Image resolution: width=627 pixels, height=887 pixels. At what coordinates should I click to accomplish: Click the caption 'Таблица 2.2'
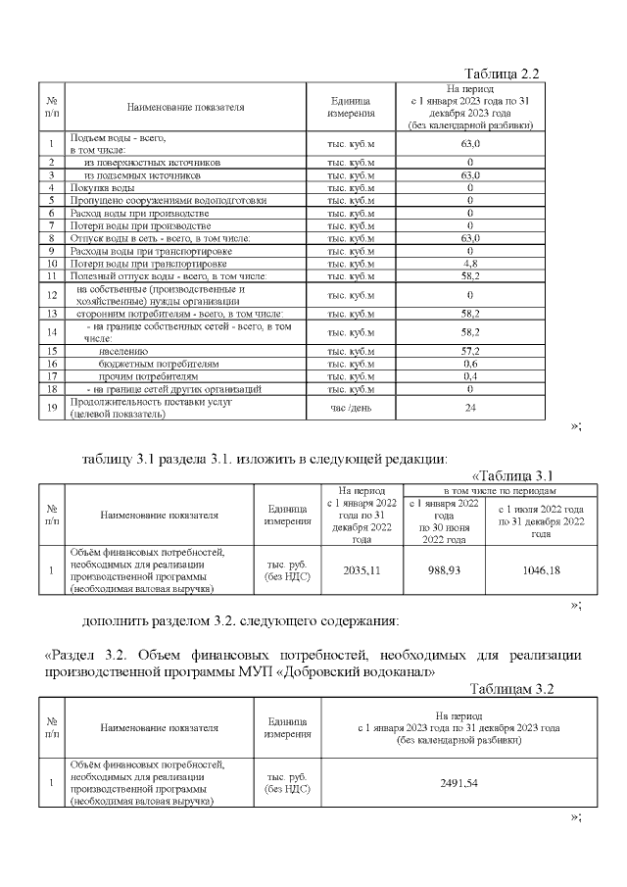click(502, 74)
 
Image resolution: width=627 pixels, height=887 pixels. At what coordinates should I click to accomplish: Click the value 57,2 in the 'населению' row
click(470, 350)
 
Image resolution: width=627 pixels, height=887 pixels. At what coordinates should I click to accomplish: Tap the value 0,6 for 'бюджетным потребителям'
click(470, 363)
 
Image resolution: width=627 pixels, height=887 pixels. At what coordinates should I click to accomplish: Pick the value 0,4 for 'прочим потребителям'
click(470, 375)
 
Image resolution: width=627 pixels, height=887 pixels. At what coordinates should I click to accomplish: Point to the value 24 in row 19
click(470, 407)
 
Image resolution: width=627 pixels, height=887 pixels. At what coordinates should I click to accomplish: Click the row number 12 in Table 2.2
click(51, 295)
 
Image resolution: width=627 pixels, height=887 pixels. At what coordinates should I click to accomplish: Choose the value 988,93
click(442, 570)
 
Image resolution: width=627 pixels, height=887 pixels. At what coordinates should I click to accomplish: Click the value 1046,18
click(540, 570)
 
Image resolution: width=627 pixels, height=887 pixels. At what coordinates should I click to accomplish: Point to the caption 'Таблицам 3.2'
click(511, 689)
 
